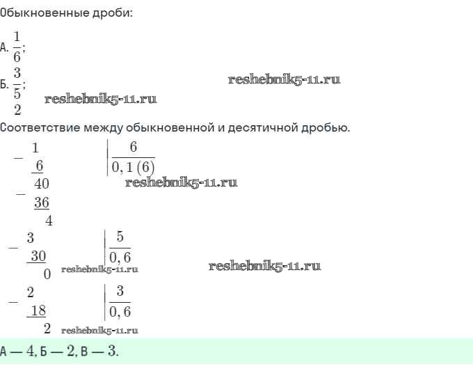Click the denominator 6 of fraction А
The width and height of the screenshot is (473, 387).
[17, 57]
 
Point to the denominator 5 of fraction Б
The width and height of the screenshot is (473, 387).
[17, 93]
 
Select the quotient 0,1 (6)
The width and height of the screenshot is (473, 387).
[133, 165]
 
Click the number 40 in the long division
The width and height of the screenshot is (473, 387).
[41, 184]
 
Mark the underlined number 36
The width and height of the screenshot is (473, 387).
[41, 203]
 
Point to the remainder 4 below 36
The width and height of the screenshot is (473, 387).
[49, 221]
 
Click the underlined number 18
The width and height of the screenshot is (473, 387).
[38, 310]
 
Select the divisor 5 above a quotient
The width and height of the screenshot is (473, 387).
[120, 237]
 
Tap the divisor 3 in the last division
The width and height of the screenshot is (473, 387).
[120, 292]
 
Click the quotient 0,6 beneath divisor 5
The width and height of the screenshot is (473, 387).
[120, 257]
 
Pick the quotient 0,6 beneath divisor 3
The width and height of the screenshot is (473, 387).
[120, 311]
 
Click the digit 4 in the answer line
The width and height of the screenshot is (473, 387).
[30, 351]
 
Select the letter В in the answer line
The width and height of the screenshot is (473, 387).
[84, 352]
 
